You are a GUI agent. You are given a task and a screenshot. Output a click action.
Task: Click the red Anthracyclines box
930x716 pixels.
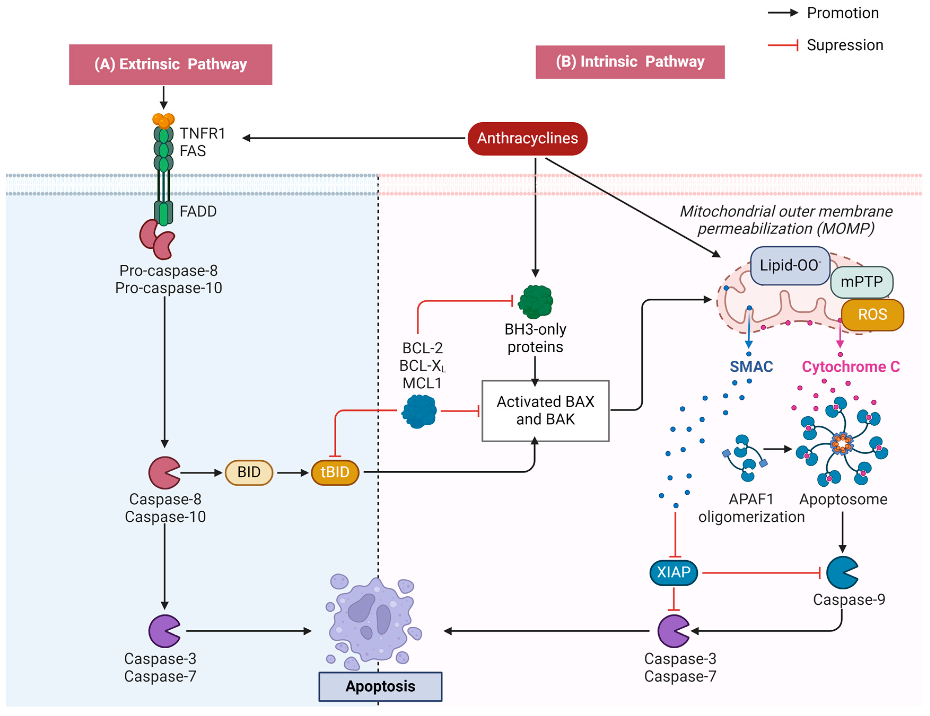click(527, 138)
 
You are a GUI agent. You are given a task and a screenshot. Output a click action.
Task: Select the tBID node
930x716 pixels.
click(335, 472)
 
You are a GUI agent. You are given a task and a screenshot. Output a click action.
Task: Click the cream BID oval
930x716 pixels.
click(249, 472)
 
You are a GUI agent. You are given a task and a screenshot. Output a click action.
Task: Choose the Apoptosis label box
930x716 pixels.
click(380, 686)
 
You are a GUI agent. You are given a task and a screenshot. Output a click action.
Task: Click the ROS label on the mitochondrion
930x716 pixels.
click(872, 314)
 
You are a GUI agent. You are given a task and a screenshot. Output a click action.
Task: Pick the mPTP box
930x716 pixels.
click(861, 282)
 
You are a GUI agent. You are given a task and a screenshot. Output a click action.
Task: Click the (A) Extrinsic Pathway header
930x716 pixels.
click(170, 64)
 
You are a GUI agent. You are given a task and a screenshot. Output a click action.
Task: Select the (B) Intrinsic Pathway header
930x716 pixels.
click(630, 62)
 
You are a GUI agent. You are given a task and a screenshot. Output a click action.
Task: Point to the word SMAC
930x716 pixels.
click(751, 367)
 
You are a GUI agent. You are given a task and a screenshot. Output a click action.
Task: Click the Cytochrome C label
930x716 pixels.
click(850, 367)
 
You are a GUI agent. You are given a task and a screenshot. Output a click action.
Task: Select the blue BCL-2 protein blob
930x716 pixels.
click(419, 411)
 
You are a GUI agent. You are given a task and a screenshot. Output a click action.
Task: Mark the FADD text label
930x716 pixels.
click(198, 211)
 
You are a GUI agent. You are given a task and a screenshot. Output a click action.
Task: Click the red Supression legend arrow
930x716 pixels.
click(783, 45)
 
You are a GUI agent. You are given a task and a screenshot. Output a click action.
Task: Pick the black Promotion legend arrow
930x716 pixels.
click(783, 13)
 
